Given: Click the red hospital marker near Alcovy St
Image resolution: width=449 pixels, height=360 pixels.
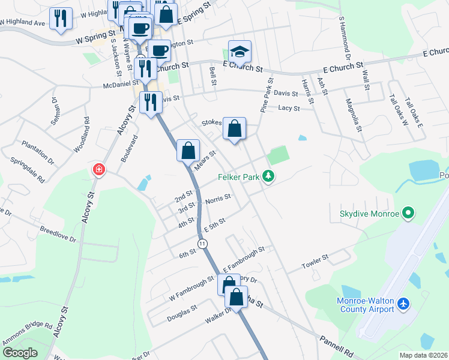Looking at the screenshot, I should (98, 170).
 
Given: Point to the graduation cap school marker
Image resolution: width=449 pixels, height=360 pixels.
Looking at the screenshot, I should (240, 52).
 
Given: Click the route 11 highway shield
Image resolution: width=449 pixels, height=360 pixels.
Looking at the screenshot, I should (203, 243).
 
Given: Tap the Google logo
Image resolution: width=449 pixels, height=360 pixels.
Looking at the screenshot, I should (20, 353).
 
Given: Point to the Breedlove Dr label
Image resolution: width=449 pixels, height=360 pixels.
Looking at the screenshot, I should (58, 235).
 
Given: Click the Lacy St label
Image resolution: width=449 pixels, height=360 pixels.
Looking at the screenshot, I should (289, 108).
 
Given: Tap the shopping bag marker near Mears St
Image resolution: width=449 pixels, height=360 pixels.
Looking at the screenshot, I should (188, 151).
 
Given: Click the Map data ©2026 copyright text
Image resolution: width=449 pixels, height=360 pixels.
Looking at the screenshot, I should (424, 355).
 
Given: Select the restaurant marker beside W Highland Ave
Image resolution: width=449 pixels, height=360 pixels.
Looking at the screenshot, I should (61, 18).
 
